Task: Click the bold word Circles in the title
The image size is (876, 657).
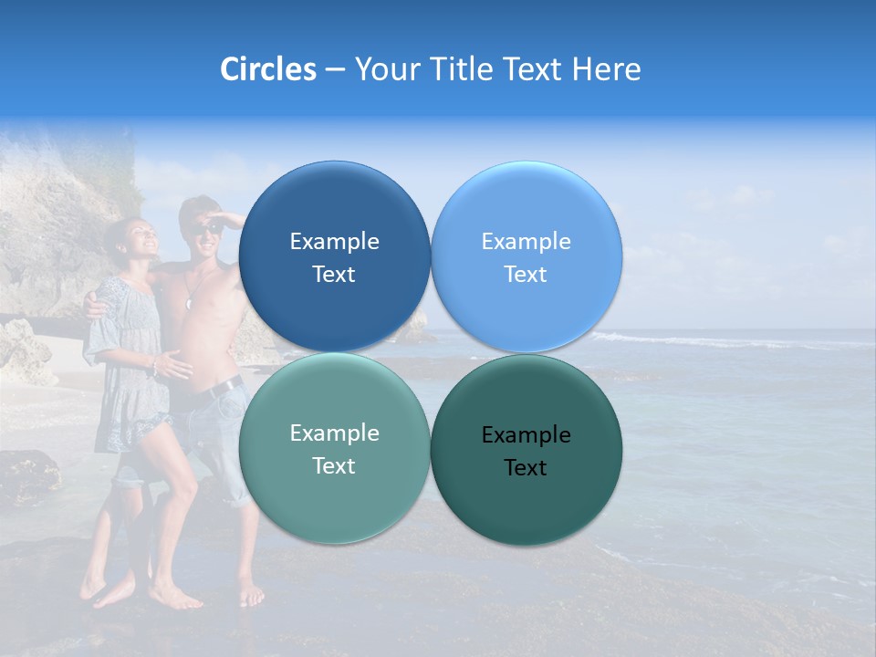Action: (268, 69)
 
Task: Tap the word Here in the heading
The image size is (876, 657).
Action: (607, 69)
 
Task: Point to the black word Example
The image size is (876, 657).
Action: (526, 435)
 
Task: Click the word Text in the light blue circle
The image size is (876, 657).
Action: (526, 275)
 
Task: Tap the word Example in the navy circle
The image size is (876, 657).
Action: (334, 242)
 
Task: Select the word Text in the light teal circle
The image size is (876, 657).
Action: (334, 466)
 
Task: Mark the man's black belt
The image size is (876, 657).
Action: (224, 389)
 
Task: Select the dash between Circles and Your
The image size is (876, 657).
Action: (335, 70)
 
